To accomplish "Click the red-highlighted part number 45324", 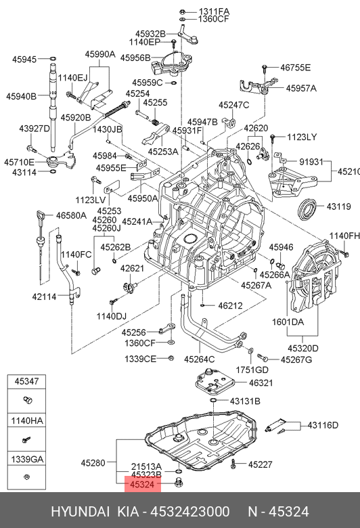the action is coord(142,485).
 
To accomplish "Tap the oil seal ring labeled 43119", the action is coord(307,210).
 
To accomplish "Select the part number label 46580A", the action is coord(71,215).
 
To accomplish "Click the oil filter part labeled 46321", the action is coord(216,384).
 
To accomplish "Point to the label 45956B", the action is coord(135,58).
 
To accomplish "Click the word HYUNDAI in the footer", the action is coord(80,512).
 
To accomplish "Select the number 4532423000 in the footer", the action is coord(190,512).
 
